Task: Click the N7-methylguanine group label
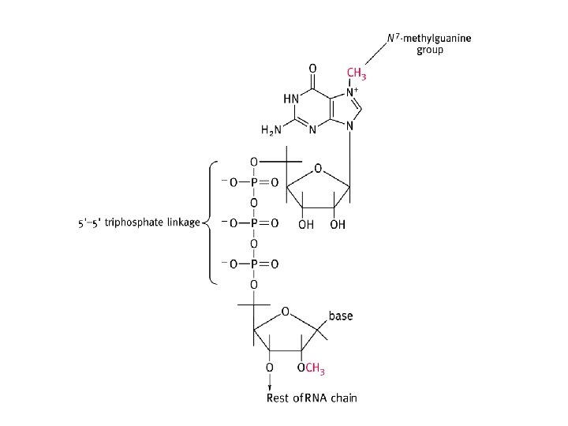click(417, 43)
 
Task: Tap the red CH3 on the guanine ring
click(356, 75)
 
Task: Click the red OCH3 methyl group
click(313, 367)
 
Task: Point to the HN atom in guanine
click(290, 99)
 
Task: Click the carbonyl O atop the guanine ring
click(313, 68)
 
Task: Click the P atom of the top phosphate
click(253, 183)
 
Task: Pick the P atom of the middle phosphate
click(253, 223)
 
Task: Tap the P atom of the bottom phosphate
click(253, 263)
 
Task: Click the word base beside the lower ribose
click(341, 316)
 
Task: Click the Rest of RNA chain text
click(311, 397)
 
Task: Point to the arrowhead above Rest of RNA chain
click(270, 386)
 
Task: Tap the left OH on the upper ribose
click(305, 225)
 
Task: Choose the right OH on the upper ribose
click(338, 225)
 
